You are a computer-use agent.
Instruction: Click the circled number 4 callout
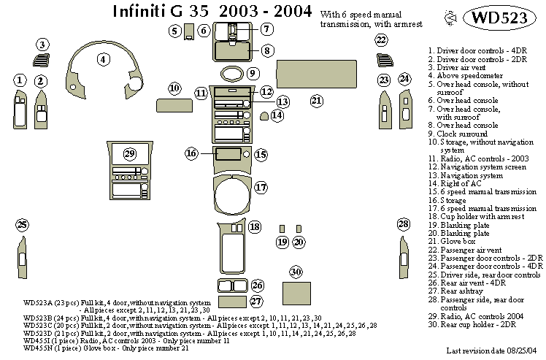click(x=104, y=59)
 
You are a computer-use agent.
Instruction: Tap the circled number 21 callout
click(x=317, y=100)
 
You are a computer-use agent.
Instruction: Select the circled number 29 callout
click(x=130, y=153)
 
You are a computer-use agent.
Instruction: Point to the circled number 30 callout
click(x=296, y=272)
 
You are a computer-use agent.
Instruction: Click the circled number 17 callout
click(x=261, y=187)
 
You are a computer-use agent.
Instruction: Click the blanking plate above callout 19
click(x=282, y=228)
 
